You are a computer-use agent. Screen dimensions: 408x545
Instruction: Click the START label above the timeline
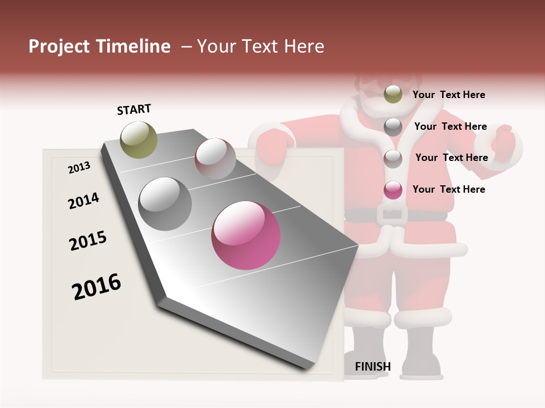(134, 109)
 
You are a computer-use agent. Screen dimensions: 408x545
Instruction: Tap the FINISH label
(372, 367)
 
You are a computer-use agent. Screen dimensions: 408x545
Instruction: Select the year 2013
(79, 168)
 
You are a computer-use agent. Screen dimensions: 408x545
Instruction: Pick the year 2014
(83, 201)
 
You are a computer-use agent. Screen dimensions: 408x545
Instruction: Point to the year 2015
(88, 241)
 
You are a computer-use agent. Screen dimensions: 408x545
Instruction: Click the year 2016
(97, 287)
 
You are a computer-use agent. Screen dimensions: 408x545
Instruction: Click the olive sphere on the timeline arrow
(139, 139)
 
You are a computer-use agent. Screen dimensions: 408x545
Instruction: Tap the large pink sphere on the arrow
(246, 235)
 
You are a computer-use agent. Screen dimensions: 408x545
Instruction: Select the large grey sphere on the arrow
(165, 203)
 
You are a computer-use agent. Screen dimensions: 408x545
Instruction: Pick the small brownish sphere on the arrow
(215, 158)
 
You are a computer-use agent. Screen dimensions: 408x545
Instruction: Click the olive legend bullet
(393, 95)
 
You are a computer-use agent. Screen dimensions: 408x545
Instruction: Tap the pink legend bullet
(393, 190)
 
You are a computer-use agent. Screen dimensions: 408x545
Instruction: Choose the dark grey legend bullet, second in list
(393, 127)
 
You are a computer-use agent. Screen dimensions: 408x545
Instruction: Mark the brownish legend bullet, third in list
(393, 159)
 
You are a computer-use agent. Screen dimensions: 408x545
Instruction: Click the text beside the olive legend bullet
(448, 95)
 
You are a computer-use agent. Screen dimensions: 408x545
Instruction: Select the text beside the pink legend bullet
(448, 189)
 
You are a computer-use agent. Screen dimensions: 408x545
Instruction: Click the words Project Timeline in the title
(99, 46)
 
